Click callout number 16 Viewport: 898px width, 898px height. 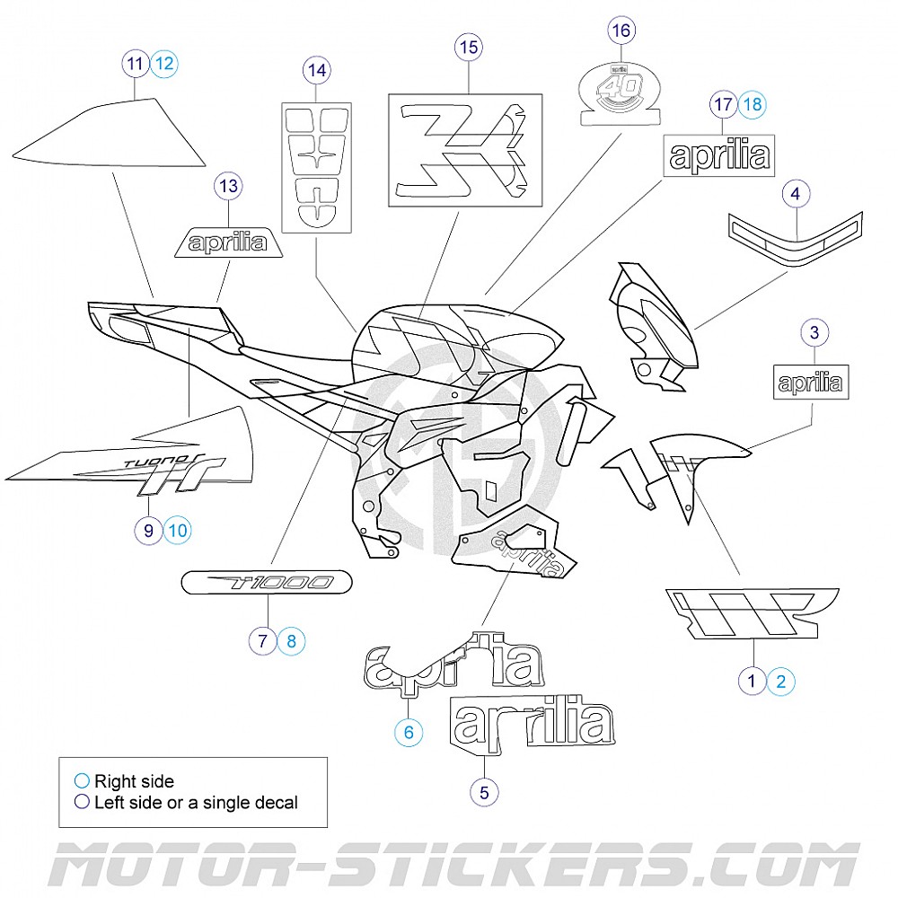621,31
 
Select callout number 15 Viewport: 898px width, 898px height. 469,48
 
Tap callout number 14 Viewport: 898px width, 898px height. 316,69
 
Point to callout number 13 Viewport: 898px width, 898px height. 229,187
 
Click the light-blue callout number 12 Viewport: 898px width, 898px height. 164,64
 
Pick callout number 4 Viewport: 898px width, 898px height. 796,192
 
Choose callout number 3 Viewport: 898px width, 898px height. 814,333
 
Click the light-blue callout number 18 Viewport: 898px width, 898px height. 753,104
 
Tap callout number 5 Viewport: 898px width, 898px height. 484,792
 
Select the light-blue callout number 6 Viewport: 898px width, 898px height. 409,732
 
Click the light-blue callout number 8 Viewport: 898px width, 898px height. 291,641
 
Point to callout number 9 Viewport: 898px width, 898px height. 149,531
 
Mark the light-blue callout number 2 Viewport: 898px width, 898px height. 780,681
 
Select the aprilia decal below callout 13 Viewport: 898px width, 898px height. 229,242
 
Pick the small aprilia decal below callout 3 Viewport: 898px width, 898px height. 810,383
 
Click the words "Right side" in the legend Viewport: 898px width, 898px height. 134,781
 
